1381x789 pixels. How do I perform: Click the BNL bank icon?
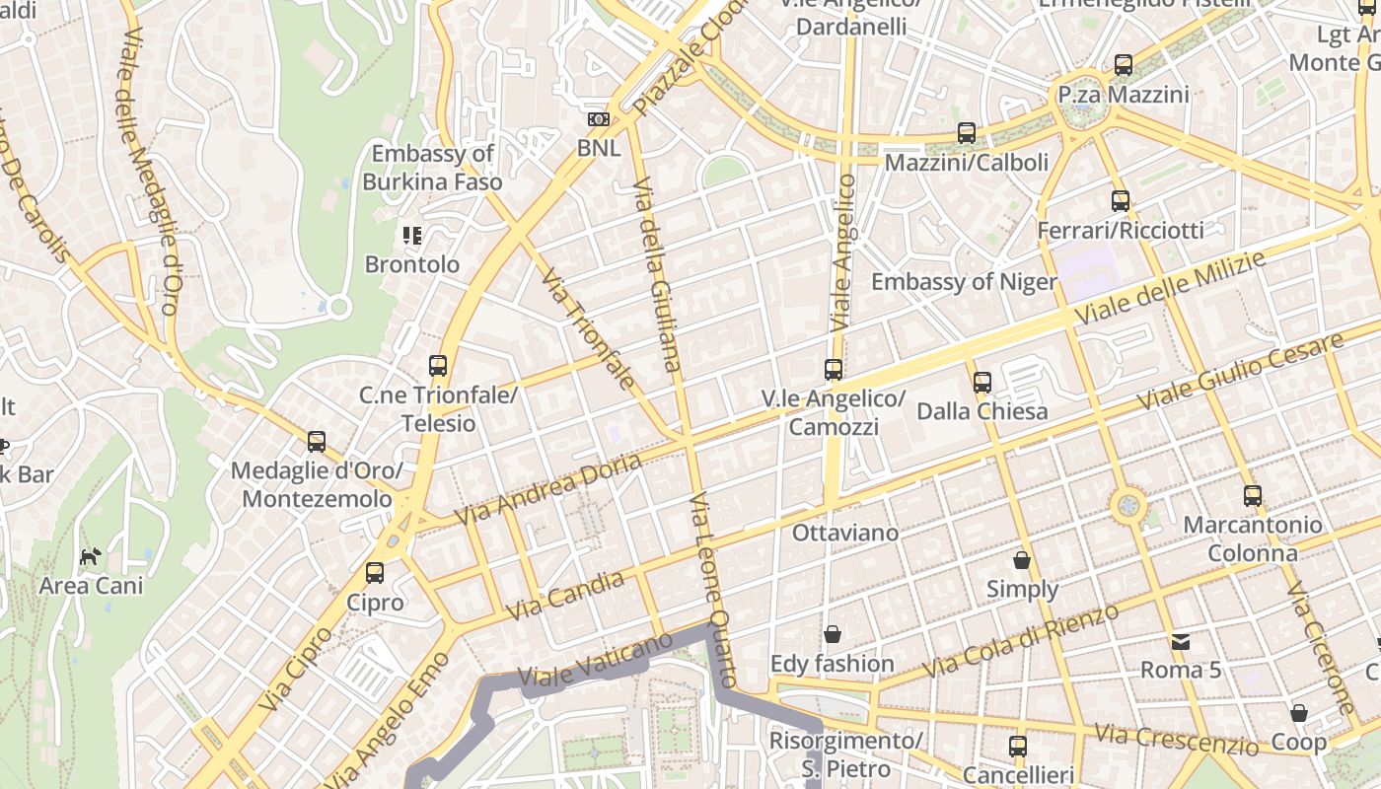(x=598, y=119)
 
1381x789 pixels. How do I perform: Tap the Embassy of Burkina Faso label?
(x=432, y=168)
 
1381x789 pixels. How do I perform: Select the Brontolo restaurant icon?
(x=412, y=236)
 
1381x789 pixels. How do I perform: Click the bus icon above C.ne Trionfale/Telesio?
(x=438, y=366)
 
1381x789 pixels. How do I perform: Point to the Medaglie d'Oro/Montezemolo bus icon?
(x=317, y=442)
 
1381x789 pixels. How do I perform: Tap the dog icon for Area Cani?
(x=90, y=556)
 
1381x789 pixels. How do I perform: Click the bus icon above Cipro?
(x=375, y=573)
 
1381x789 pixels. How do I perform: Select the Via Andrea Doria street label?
(x=547, y=488)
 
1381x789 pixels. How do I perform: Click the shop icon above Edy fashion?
(x=833, y=634)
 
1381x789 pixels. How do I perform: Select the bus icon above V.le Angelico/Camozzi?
(x=834, y=370)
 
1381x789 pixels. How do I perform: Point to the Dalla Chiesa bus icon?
(x=981, y=383)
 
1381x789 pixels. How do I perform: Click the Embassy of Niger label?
(x=964, y=282)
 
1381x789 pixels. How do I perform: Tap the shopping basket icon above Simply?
(x=1022, y=560)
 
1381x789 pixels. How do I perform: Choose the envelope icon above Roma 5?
(x=1181, y=642)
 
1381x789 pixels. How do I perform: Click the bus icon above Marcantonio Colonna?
(x=1253, y=496)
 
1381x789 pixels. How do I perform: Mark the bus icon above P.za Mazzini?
(x=1124, y=66)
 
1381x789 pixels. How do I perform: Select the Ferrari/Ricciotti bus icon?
(x=1121, y=201)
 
